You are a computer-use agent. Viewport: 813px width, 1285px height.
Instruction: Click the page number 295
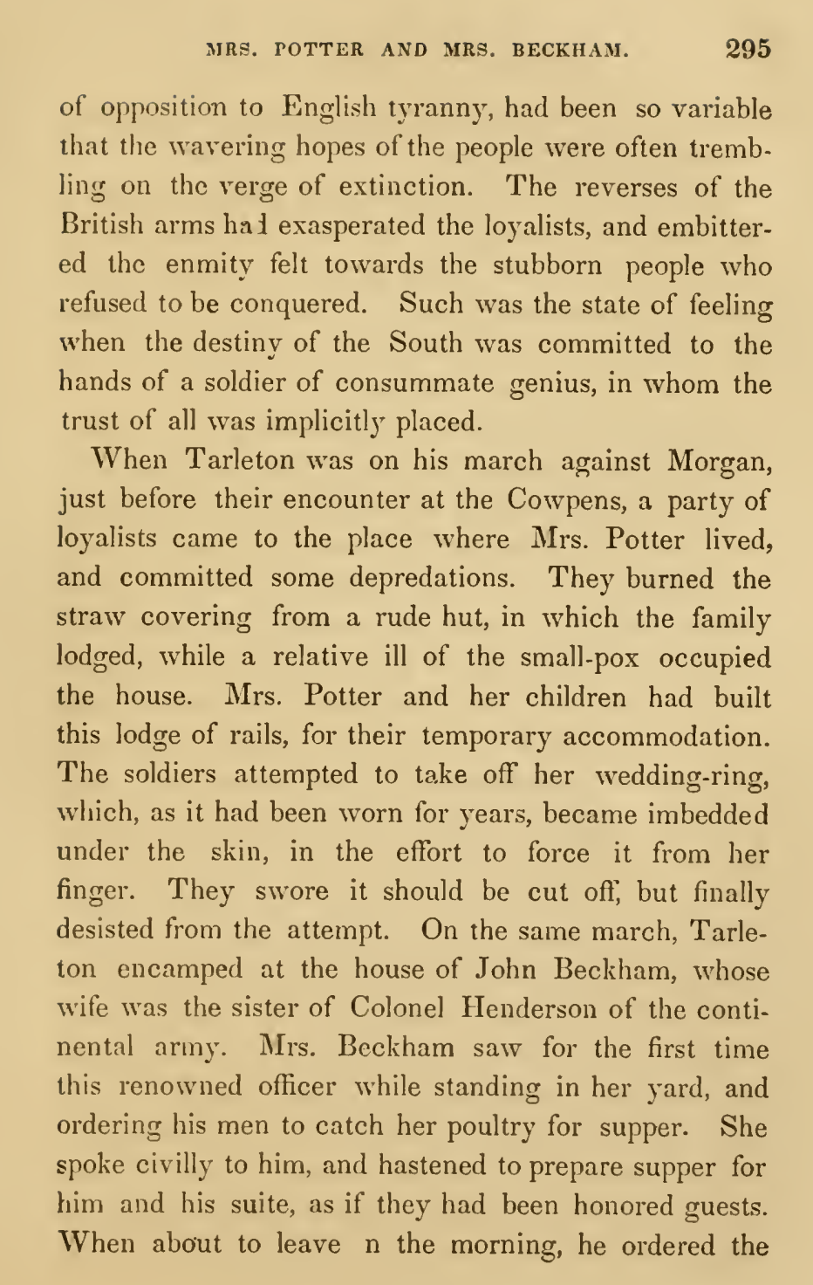pos(748,48)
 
